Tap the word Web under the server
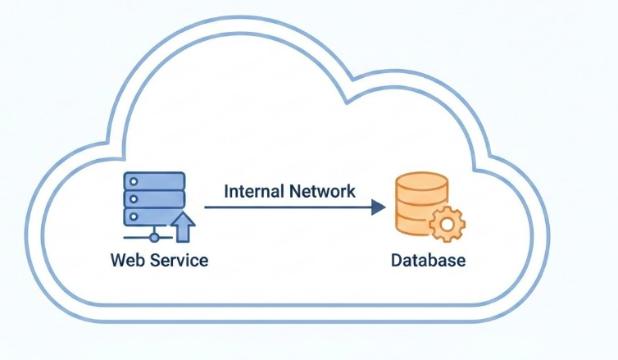click(125, 261)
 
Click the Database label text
click(428, 261)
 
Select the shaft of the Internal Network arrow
click(287, 207)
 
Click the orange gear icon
click(447, 223)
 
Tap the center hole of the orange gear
click(447, 223)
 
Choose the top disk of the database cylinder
click(421, 180)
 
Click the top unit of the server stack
click(153, 180)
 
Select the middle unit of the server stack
click(153, 198)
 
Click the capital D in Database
click(397, 261)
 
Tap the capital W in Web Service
click(117, 261)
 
